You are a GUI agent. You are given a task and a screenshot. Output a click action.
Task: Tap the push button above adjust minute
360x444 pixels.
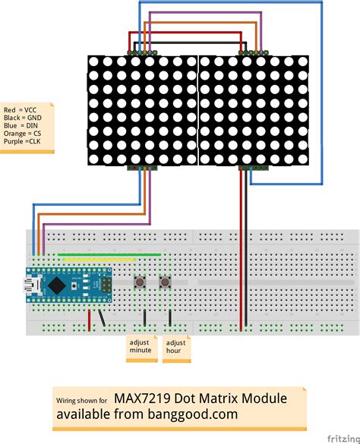click(141, 283)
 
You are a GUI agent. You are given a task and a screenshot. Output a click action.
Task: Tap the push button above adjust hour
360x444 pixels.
click(163, 283)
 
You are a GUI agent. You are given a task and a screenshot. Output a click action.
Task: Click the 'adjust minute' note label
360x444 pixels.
click(141, 346)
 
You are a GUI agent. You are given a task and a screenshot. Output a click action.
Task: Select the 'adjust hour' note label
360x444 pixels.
click(175, 346)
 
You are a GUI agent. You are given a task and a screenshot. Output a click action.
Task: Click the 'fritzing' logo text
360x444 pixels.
click(343, 438)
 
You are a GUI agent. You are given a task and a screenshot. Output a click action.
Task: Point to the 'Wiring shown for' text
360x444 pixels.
click(81, 400)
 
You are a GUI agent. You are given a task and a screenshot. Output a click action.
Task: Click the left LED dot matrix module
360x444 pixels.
click(141, 110)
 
